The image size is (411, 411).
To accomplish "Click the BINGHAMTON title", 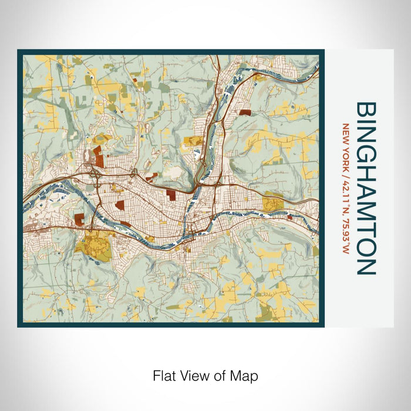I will pos(366,188).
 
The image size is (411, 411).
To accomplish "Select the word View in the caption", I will pos(196,375).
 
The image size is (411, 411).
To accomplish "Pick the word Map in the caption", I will pos(246,375).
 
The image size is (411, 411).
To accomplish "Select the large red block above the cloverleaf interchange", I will pos(97,157).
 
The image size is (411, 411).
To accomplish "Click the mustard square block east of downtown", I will pos(273,204).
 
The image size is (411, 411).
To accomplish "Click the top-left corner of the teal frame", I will pos(19,51).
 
